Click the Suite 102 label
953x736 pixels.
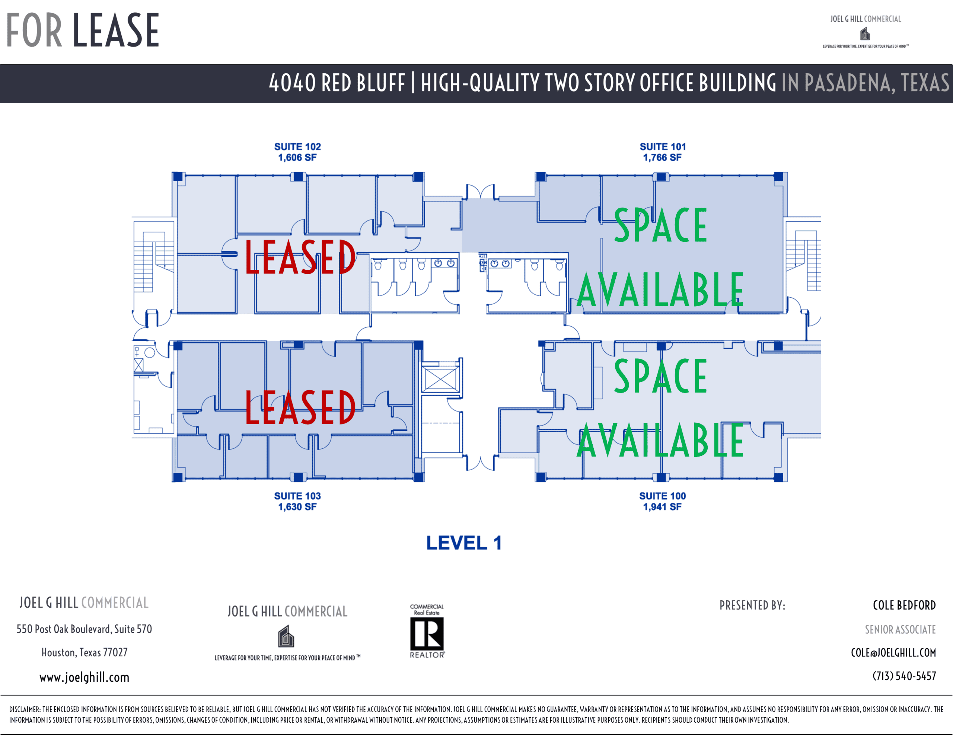click(297, 152)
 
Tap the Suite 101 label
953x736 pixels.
click(662, 152)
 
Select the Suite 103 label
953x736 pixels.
click(297, 501)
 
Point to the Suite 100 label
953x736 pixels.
click(662, 501)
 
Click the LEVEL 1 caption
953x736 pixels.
click(463, 543)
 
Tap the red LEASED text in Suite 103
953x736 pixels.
click(300, 407)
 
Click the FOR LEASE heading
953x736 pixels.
click(83, 30)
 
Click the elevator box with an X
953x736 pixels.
click(440, 378)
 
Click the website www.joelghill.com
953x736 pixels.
click(84, 677)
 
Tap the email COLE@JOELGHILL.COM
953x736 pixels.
click(893, 652)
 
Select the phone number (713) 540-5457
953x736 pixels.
click(904, 676)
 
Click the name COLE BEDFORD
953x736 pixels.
click(904, 605)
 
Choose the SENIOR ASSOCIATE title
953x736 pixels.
click(900, 629)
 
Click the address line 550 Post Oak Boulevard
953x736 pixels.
click(84, 629)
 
